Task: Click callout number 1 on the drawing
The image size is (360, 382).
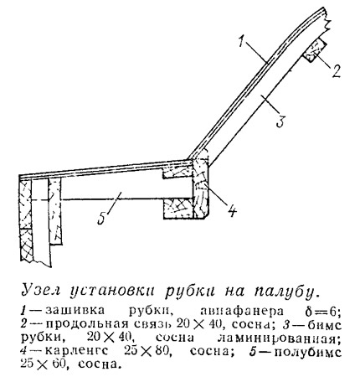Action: click(x=243, y=42)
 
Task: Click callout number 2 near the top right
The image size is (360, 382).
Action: click(x=336, y=70)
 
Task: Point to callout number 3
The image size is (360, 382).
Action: click(x=280, y=121)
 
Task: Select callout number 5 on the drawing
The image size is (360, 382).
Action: click(x=102, y=218)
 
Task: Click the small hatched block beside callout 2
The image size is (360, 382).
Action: click(x=315, y=50)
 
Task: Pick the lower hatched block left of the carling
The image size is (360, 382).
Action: click(x=178, y=208)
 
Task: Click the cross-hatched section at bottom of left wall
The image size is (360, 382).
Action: click(x=27, y=245)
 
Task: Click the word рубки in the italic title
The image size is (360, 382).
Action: click(x=190, y=292)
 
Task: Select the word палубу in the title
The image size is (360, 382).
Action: click(x=285, y=292)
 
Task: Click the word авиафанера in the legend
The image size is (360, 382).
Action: click(x=242, y=311)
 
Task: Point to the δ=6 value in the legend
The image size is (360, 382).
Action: click(x=323, y=311)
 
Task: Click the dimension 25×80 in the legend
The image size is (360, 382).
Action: click(x=147, y=351)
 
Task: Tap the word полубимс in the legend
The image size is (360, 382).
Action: click(x=309, y=352)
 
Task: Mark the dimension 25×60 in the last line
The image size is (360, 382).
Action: click(x=43, y=364)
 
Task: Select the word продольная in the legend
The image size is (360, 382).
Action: click(x=86, y=324)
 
